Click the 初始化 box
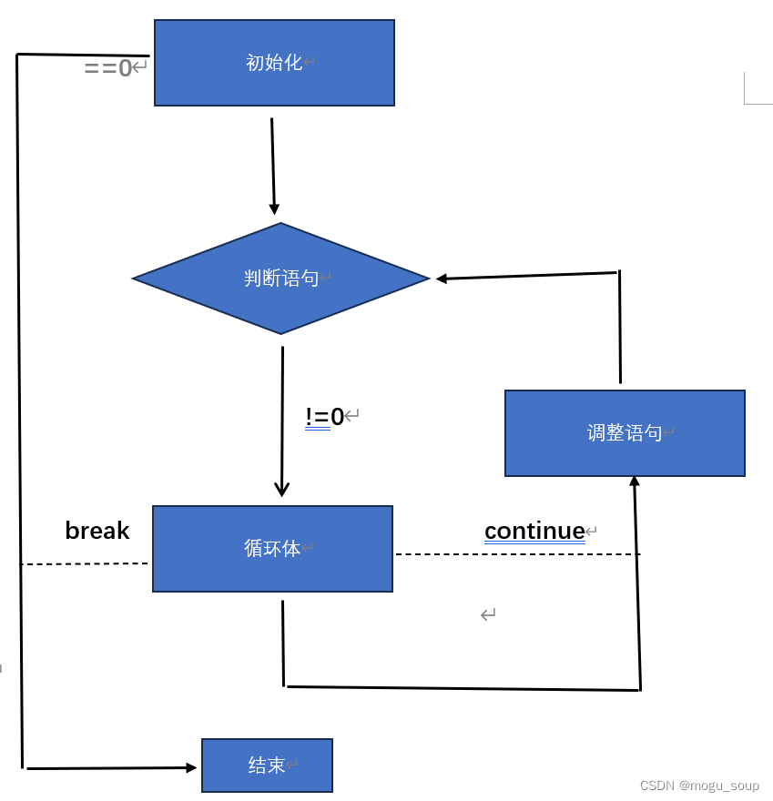click(x=274, y=63)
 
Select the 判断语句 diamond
click(x=280, y=279)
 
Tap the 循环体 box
click(x=272, y=549)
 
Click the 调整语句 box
click(x=625, y=433)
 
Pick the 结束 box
click(x=267, y=766)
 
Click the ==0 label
click(x=108, y=68)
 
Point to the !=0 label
click(x=325, y=417)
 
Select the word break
click(x=97, y=531)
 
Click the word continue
click(x=534, y=531)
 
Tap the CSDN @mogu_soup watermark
click(x=698, y=786)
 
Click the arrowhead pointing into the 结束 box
click(x=191, y=767)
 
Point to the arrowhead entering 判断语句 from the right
click(x=442, y=279)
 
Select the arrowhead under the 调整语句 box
click(x=635, y=481)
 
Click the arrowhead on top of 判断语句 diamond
click(x=274, y=209)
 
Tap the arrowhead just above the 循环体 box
click(x=281, y=490)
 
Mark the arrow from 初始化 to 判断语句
click(x=272, y=164)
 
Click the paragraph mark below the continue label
click(x=488, y=615)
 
